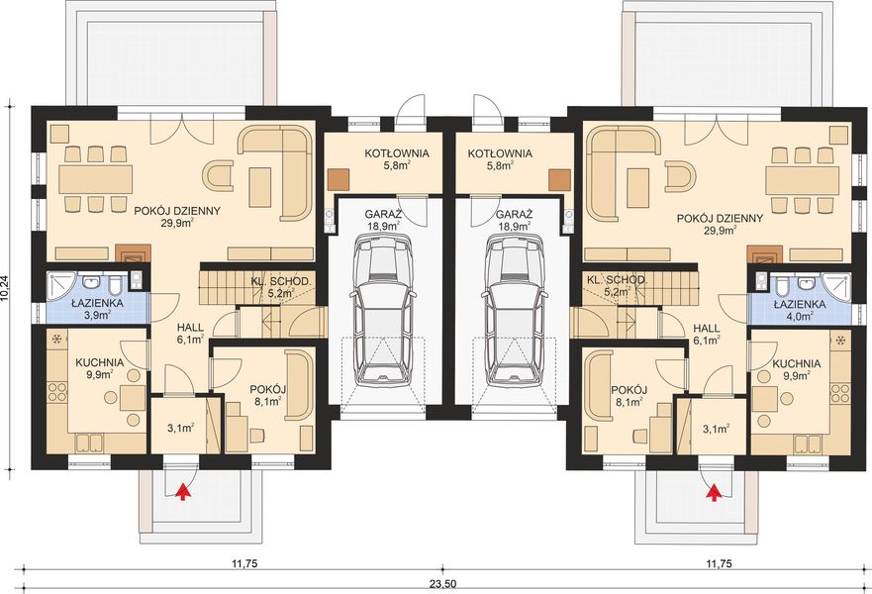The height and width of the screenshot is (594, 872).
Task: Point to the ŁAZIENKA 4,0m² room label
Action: [794, 308]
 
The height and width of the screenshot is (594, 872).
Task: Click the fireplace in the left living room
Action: [129, 253]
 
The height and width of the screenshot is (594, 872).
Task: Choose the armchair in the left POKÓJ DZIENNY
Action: [219, 176]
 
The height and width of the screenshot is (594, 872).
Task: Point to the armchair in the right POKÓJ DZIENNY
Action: [678, 176]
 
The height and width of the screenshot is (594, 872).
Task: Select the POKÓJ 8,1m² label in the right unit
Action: [629, 397]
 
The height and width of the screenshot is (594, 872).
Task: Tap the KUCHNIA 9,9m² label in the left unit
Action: [99, 369]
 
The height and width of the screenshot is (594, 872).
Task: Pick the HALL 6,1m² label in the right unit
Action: [706, 334]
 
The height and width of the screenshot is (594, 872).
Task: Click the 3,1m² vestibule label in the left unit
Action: [179, 430]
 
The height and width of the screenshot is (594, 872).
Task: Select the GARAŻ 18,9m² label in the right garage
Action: [514, 220]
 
